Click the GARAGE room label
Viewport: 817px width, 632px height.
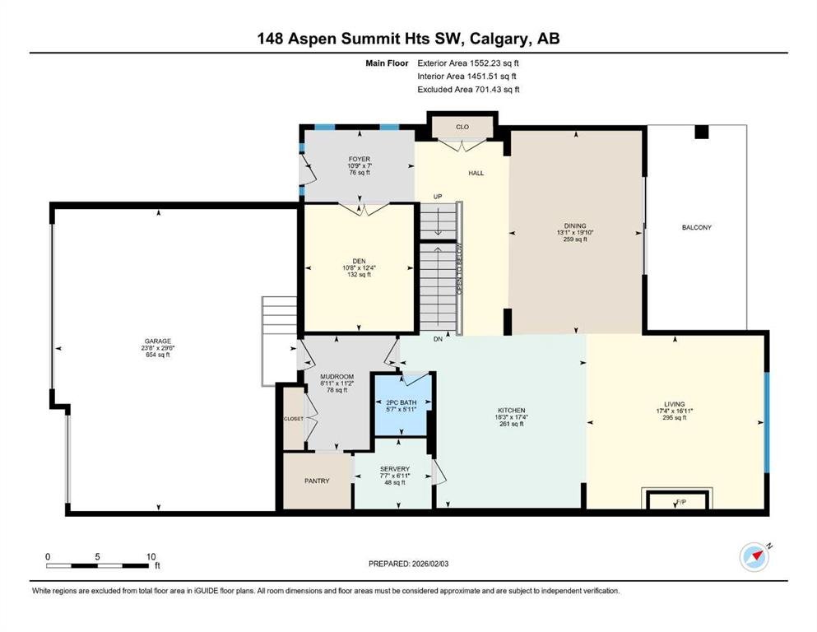click(157, 342)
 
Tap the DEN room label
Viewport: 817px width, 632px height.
click(359, 261)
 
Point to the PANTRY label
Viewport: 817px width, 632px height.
click(317, 481)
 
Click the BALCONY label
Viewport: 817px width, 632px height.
click(697, 227)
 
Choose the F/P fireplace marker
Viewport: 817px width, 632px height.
click(681, 502)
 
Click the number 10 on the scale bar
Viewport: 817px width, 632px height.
click(151, 556)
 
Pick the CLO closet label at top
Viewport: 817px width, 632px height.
click(462, 127)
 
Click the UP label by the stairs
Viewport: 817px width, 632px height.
click(438, 197)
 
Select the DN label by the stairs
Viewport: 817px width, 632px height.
click(438, 339)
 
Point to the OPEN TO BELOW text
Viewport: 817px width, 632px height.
click(460, 268)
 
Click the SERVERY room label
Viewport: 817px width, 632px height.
click(394, 469)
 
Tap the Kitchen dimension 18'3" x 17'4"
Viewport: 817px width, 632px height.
click(511, 417)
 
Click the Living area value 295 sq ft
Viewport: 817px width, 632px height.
click(674, 417)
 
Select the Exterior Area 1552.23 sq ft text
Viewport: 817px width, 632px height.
click(468, 63)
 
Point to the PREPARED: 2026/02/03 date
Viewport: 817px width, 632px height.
click(408, 564)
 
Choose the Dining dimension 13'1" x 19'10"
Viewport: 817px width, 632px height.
click(575, 233)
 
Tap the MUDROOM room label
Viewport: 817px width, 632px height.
click(337, 377)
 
